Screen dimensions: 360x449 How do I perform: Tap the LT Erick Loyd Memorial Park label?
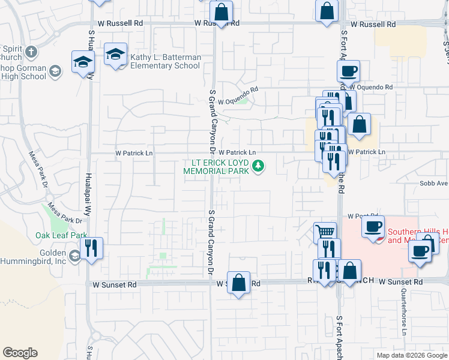point(220,166)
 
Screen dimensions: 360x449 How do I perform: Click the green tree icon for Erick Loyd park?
point(258,166)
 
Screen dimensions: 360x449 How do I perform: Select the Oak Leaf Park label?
point(61,235)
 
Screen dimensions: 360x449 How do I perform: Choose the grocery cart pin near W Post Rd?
point(325,231)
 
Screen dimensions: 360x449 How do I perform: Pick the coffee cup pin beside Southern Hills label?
point(373,227)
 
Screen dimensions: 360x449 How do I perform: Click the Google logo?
point(20,353)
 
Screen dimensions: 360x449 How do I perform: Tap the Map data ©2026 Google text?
point(411,355)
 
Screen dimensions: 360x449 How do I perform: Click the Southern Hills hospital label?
point(417,236)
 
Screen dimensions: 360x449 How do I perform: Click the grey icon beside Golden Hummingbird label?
point(74,257)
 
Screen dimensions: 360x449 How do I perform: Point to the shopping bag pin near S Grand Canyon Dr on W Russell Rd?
point(221,11)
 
